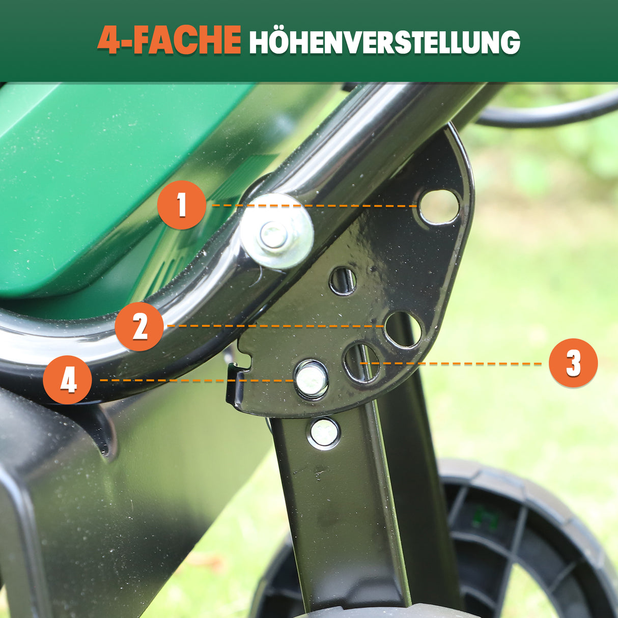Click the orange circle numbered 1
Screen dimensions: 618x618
[182, 205]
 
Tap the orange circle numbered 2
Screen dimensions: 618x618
[139, 326]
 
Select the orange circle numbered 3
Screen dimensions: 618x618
[573, 363]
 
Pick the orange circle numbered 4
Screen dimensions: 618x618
[68, 380]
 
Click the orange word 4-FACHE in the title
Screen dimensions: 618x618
[169, 41]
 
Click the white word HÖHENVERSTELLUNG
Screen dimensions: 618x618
[384, 42]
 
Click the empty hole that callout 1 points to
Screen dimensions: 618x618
[438, 207]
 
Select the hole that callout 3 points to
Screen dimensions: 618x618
[361, 362]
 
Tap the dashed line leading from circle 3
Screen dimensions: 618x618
[458, 363]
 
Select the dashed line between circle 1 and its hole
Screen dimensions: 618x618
[356, 206]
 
